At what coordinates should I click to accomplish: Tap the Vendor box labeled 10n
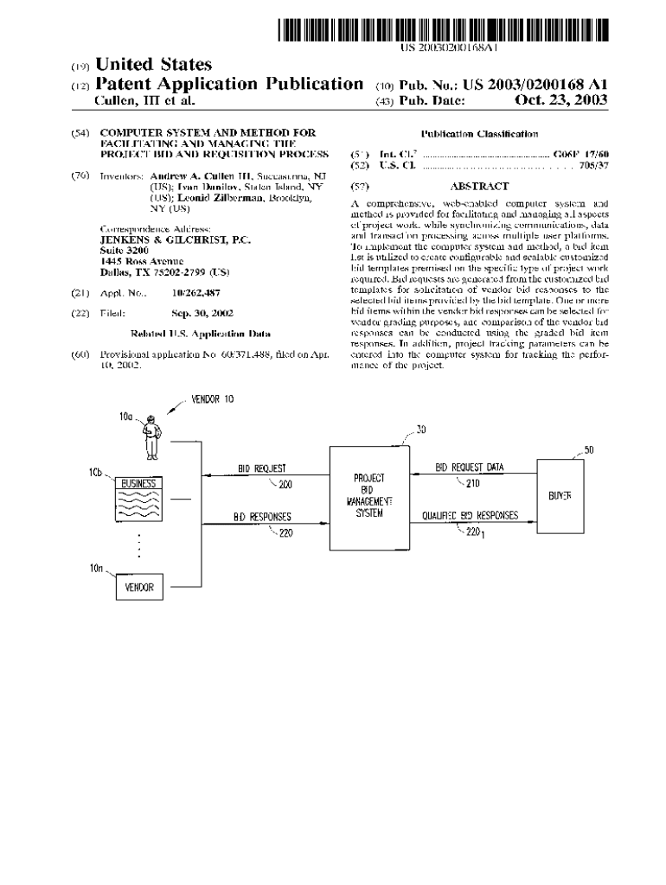point(139,587)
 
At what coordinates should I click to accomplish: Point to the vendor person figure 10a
point(152,437)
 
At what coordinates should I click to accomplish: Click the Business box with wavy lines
point(138,498)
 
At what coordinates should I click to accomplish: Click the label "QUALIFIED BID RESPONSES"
point(470,515)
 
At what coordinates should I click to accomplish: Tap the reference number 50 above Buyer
point(588,450)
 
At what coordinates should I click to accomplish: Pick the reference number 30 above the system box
point(420,430)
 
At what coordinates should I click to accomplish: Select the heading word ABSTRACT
point(478,186)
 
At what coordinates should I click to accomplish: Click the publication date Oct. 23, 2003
point(560,101)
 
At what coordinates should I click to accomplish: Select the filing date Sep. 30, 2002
point(202,313)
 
